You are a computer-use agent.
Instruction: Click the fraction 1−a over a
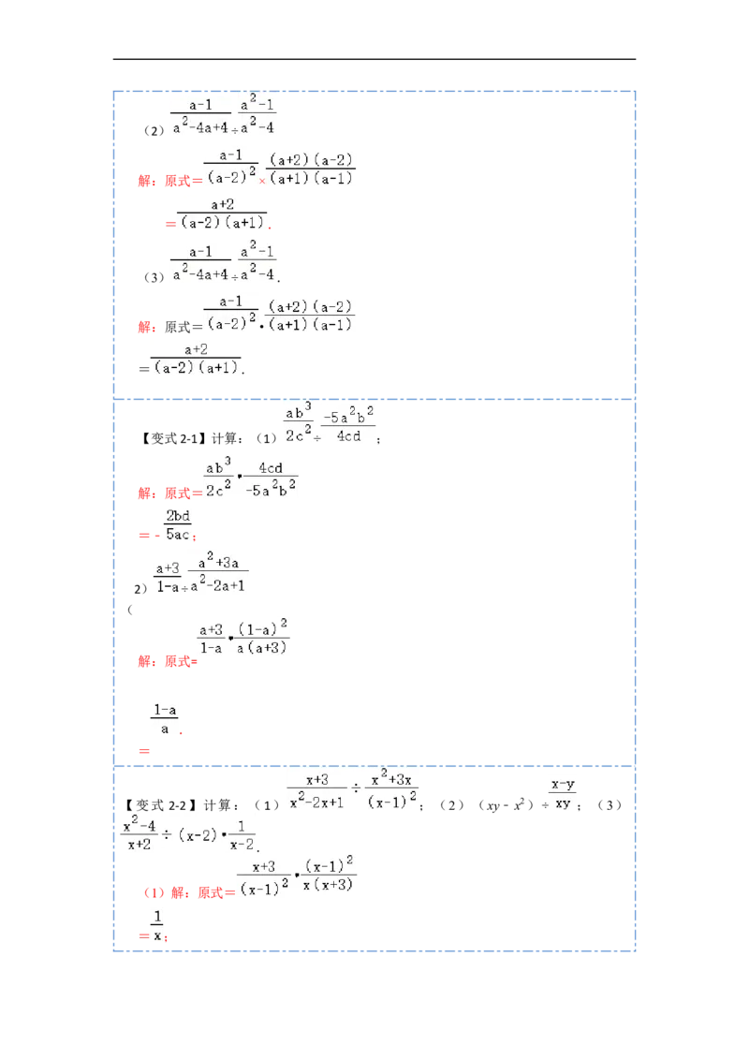[165, 719]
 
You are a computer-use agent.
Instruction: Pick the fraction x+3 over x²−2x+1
[317, 791]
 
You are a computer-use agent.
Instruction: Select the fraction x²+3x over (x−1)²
[392, 791]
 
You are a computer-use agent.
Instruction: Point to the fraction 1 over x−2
[243, 833]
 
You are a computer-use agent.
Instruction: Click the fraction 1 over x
[157, 925]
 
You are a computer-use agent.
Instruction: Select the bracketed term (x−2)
[197, 834]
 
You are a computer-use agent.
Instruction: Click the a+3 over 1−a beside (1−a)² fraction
[211, 637]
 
